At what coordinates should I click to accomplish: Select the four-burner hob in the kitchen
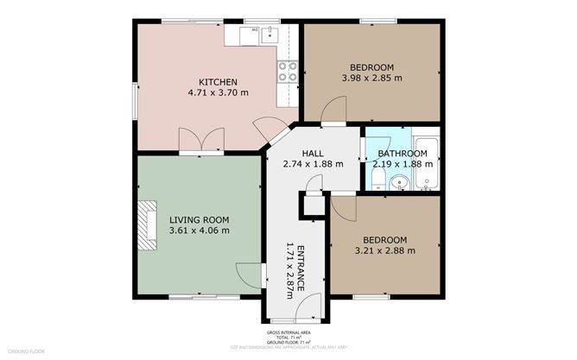pos(287,71)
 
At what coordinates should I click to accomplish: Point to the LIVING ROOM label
pos(199,219)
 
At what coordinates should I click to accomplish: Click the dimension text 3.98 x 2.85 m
pos(371,79)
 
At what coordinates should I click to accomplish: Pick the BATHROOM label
pos(403,153)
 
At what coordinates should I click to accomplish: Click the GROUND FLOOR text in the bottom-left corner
pos(25,351)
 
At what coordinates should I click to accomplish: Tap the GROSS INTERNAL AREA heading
pos(288,332)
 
